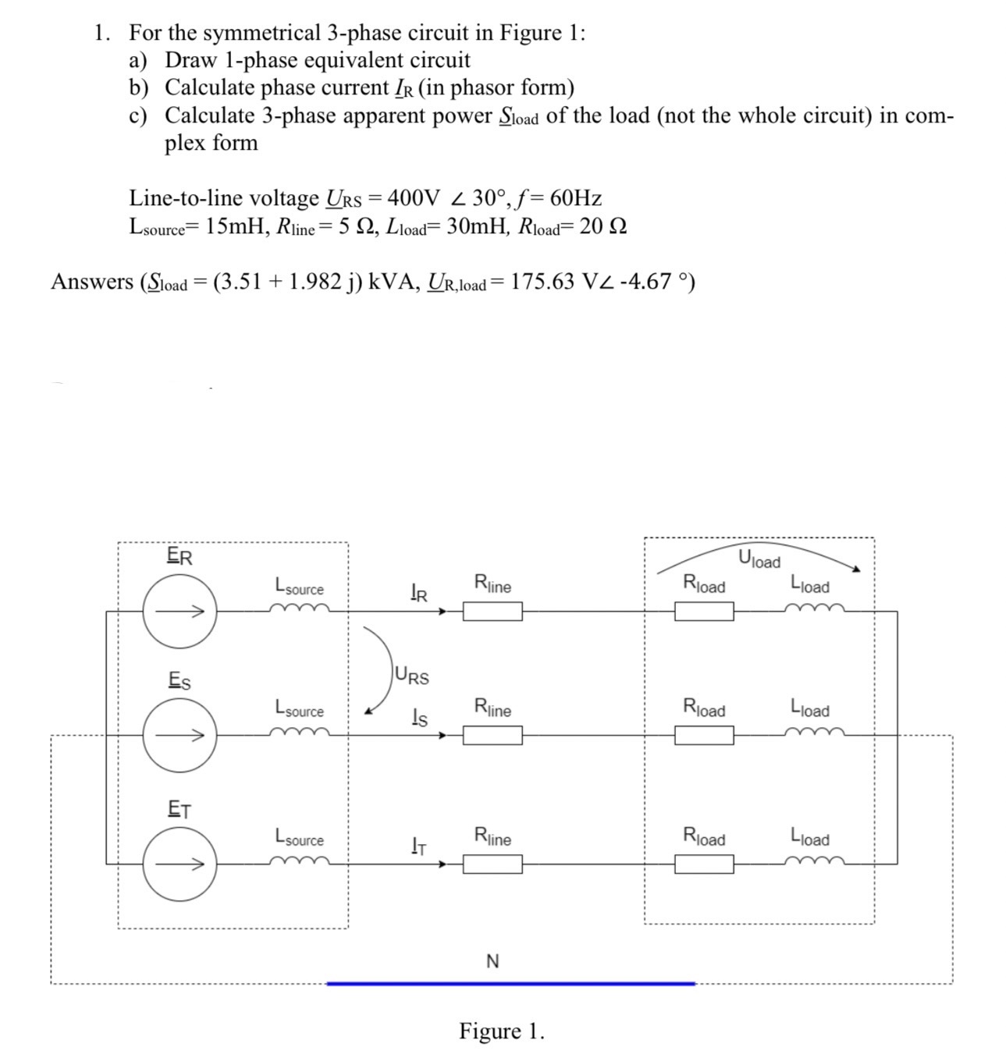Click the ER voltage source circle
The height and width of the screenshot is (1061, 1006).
pyautogui.click(x=180, y=612)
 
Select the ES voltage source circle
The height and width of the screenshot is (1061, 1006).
pyautogui.click(x=180, y=735)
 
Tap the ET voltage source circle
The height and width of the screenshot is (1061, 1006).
pyautogui.click(x=180, y=864)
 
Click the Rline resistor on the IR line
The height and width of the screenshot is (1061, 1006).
pyautogui.click(x=492, y=612)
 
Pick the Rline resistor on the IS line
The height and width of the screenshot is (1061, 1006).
pyautogui.click(x=492, y=735)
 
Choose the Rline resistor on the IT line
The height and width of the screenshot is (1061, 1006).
pyautogui.click(x=492, y=864)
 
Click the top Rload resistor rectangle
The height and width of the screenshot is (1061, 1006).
pyautogui.click(x=704, y=612)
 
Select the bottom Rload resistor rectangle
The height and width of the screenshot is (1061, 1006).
pyautogui.click(x=704, y=864)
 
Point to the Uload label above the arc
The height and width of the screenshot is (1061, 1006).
pyautogui.click(x=759, y=560)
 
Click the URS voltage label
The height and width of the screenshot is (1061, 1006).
pyautogui.click(x=412, y=676)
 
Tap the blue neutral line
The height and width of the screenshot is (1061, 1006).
pyautogui.click(x=511, y=984)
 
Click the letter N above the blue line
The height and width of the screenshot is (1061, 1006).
pyautogui.click(x=492, y=961)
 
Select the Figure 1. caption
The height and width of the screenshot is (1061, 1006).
pyautogui.click(x=502, y=1031)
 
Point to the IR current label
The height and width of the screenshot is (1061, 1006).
pyautogui.click(x=418, y=594)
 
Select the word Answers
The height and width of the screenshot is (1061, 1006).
pyautogui.click(x=92, y=282)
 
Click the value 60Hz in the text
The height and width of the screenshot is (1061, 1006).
pyautogui.click(x=575, y=198)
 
